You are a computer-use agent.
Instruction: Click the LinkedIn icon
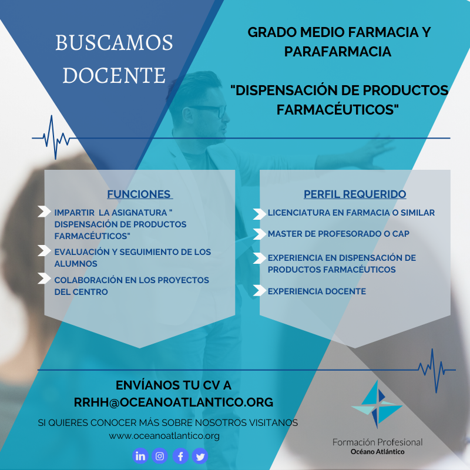point(140,455)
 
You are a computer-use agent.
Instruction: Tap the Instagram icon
point(160,455)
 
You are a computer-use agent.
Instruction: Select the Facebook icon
point(180,455)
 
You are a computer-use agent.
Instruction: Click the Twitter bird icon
point(200,455)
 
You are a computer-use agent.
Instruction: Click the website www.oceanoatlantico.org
point(164,435)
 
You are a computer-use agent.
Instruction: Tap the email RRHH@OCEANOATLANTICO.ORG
point(173,402)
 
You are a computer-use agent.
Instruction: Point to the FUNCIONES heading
point(139,194)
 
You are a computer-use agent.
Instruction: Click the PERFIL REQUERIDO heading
point(355,194)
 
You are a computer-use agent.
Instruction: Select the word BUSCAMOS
point(115,43)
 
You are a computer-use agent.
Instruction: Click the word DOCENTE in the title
point(115,75)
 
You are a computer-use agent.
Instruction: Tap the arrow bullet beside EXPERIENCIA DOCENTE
point(258,290)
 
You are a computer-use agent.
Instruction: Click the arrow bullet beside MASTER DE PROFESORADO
point(258,233)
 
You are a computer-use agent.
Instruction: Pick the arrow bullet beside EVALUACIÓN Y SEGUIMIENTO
point(44,251)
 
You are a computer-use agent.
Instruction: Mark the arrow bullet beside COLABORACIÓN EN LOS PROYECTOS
point(44,279)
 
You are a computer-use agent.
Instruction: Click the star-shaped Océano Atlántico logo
point(377,405)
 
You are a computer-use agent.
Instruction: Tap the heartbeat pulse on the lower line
point(432,370)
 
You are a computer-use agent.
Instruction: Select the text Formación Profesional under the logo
point(377,442)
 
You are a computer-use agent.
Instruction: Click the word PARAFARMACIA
point(338,52)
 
